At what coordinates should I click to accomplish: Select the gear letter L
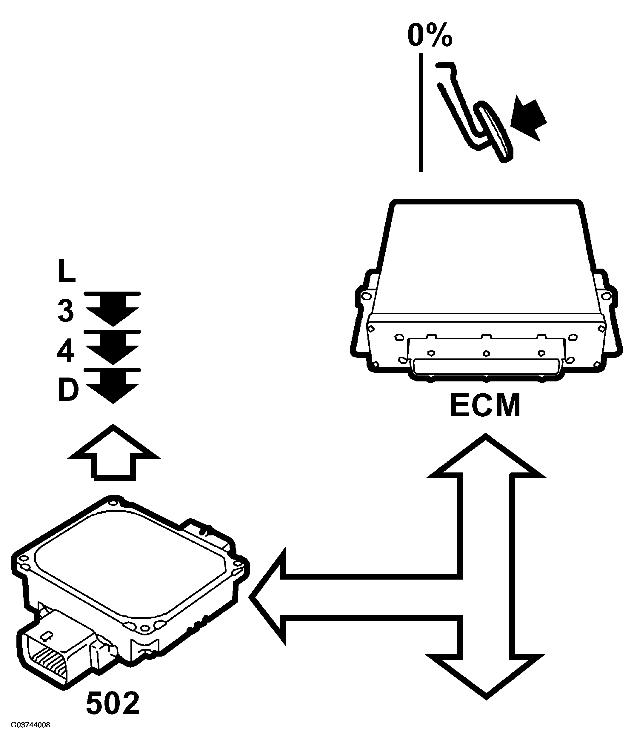coord(66,272)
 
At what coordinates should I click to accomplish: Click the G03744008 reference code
coord(30,735)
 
